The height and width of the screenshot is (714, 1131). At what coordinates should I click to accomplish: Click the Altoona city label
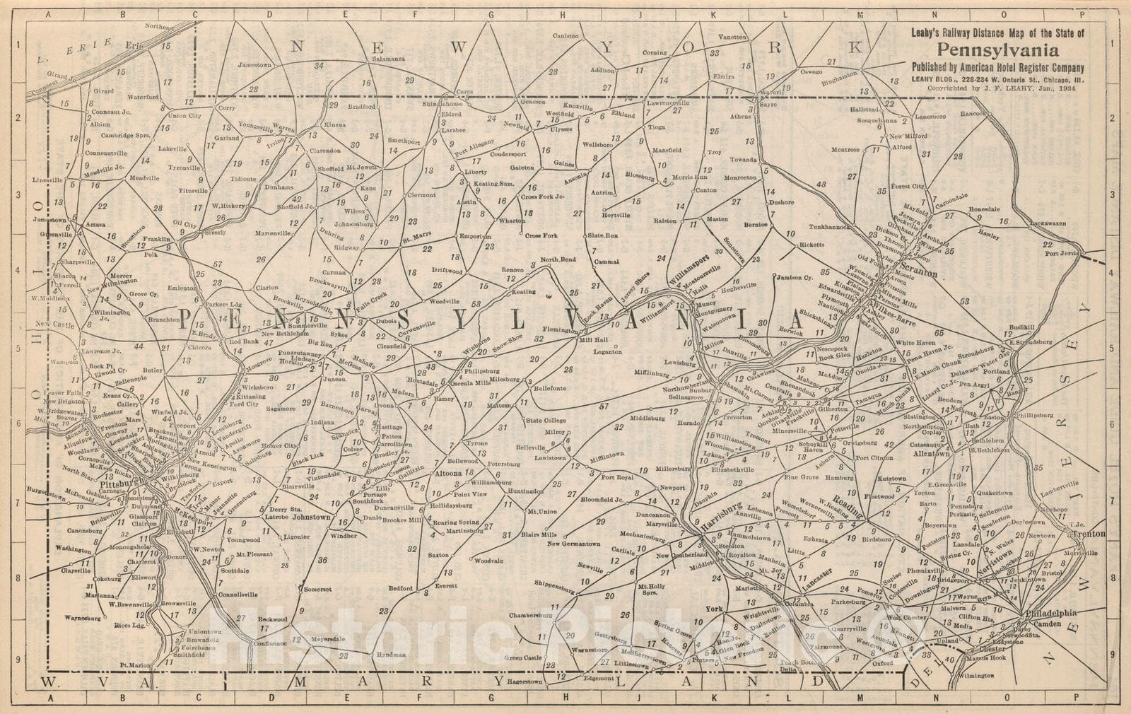[447, 474]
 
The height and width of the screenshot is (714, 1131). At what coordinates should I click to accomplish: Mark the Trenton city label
[1089, 534]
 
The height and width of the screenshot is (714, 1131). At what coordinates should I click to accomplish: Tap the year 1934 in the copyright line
[1072, 90]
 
